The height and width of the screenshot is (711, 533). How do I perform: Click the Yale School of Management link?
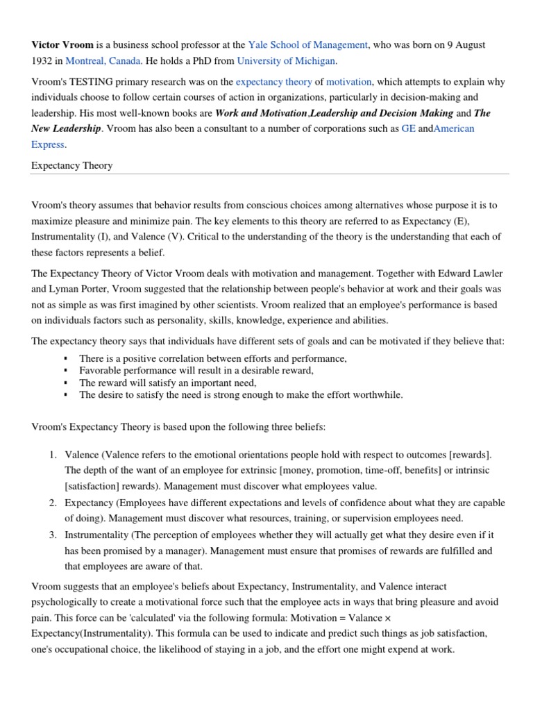pyautogui.click(x=307, y=44)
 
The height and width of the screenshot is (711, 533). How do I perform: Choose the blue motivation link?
pyautogui.click(x=349, y=82)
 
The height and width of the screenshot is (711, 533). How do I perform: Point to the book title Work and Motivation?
pyautogui.click(x=261, y=113)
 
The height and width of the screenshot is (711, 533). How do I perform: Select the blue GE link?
pyautogui.click(x=408, y=128)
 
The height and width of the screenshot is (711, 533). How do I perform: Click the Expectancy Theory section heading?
pyautogui.click(x=72, y=166)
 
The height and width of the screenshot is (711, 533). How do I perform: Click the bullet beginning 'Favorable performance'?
pyautogui.click(x=196, y=371)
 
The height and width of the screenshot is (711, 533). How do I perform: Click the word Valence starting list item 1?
pyautogui.click(x=81, y=454)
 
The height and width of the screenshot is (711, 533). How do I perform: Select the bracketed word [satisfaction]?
pyautogui.click(x=96, y=486)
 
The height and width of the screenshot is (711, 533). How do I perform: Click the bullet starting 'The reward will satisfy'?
pyautogui.click(x=168, y=383)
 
